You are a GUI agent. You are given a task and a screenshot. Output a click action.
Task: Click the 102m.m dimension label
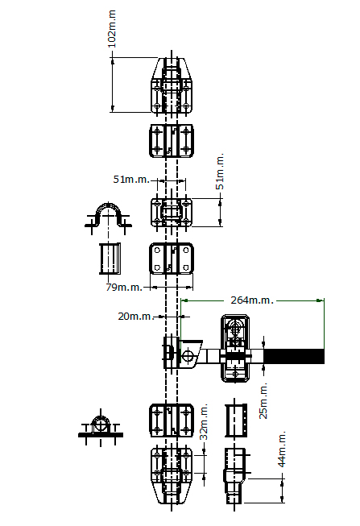pyautogui.click(x=112, y=29)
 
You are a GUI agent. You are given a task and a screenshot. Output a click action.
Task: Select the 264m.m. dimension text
pyautogui.click(x=252, y=300)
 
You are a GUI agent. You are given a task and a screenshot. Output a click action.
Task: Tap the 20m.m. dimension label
pyautogui.click(x=136, y=316)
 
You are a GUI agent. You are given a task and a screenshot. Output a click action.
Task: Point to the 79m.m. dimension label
pyautogui.click(x=124, y=287)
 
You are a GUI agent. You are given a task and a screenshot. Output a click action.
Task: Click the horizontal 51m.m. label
pyautogui.click(x=131, y=180)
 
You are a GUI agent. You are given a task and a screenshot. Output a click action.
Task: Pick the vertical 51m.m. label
pyautogui.click(x=220, y=172)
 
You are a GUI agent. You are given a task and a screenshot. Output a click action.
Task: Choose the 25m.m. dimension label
pyautogui.click(x=263, y=400)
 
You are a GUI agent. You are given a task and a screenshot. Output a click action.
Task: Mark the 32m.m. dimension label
pyautogui.click(x=204, y=421)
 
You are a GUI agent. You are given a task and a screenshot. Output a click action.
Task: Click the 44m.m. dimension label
pyautogui.click(x=282, y=449)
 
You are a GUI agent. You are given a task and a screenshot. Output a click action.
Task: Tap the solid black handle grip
pyautogui.click(x=294, y=356)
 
